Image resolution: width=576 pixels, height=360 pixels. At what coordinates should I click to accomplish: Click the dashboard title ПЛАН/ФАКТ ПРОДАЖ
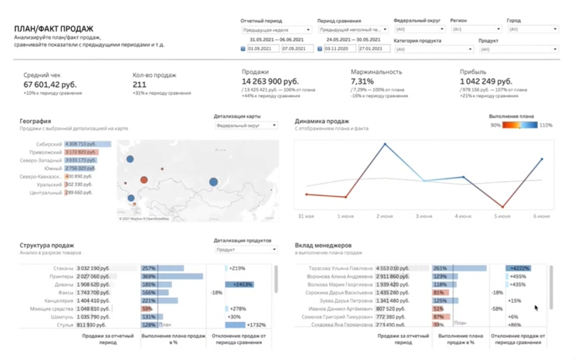tap(51, 29)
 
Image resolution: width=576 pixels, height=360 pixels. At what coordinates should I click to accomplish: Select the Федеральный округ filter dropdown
tap(420, 29)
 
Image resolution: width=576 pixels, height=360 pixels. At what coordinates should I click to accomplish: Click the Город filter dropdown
tap(532, 29)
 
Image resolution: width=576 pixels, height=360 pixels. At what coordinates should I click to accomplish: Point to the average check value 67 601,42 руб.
tap(50, 85)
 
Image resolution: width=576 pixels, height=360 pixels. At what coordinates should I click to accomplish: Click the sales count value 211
tap(140, 85)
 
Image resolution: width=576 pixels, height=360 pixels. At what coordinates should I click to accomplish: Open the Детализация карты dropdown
tap(247, 126)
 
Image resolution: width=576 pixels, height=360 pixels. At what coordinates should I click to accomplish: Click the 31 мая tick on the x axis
tap(305, 216)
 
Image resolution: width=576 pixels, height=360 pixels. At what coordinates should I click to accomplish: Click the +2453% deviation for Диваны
tap(241, 284)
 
